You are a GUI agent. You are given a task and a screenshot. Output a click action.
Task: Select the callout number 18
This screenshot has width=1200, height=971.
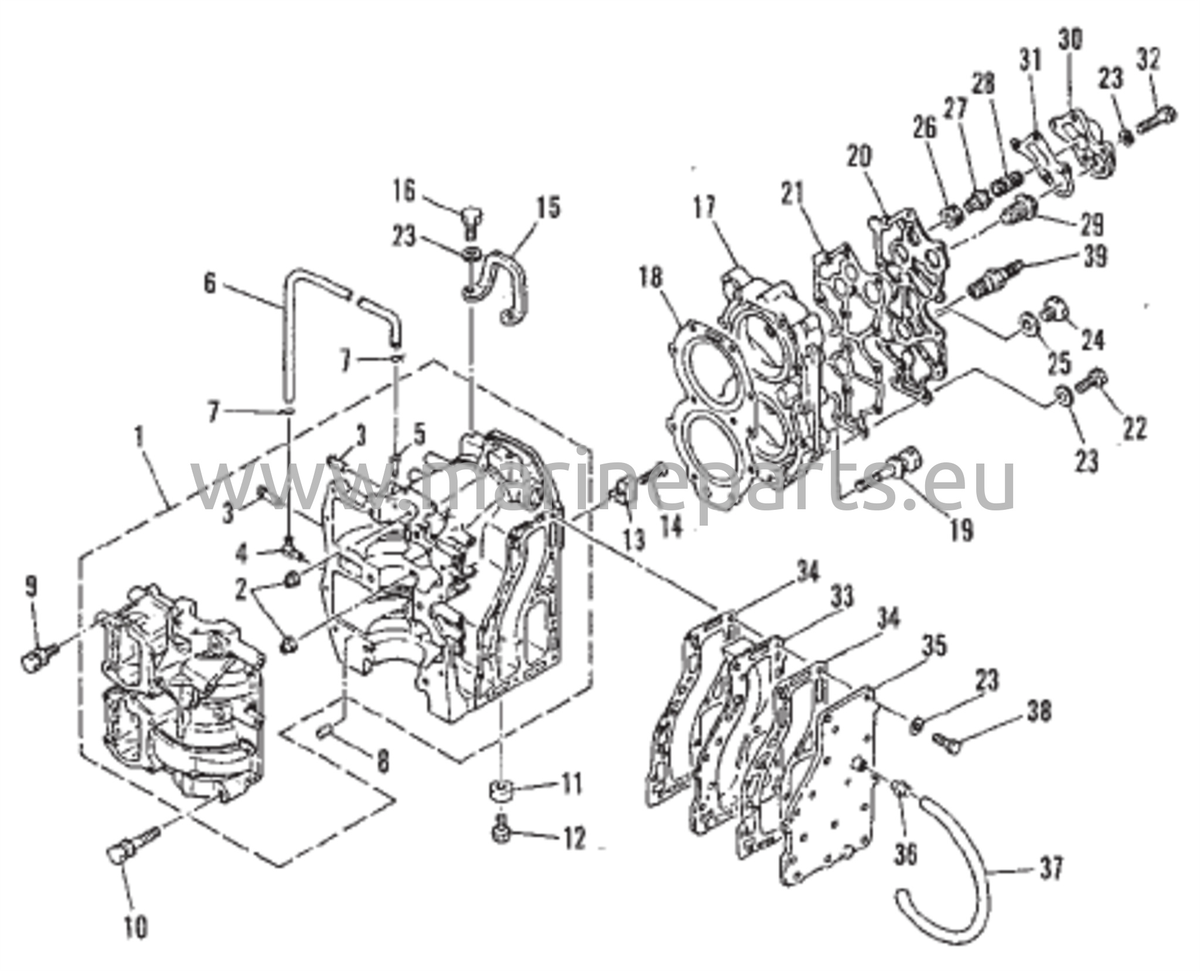tap(654, 281)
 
